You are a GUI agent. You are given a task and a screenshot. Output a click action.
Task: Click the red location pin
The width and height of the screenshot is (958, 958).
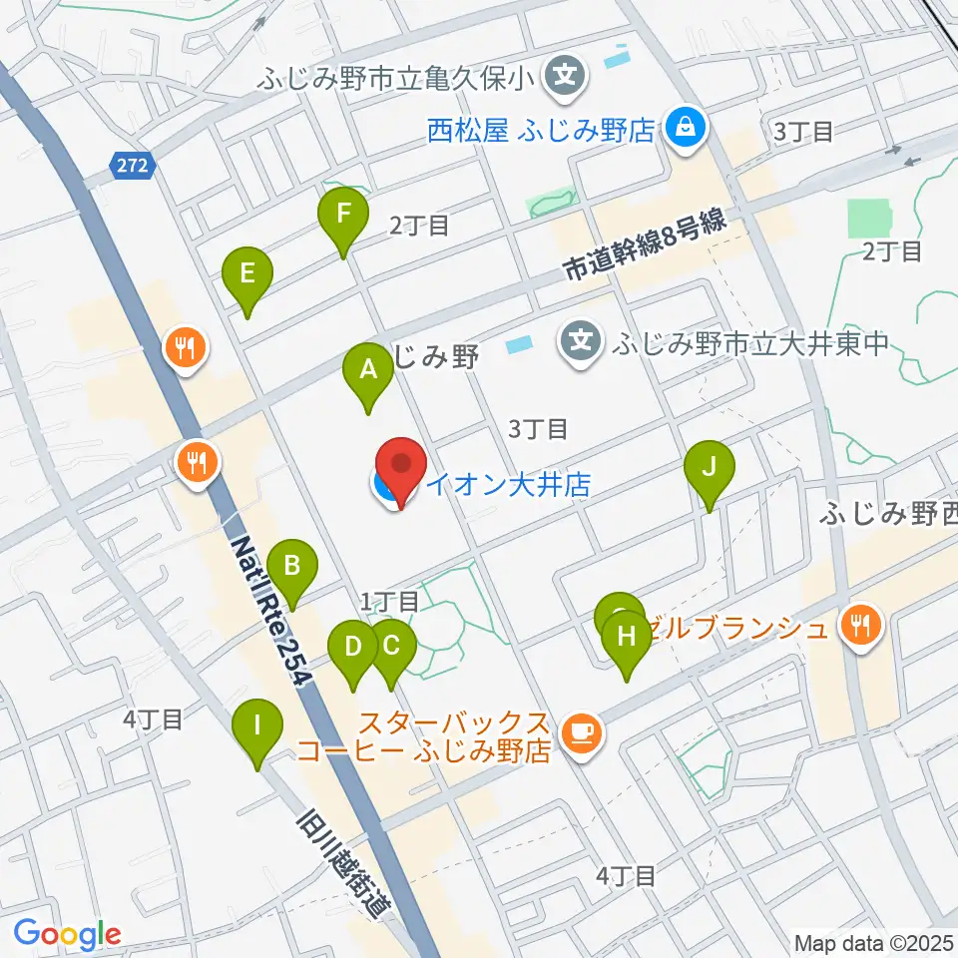(x=399, y=469)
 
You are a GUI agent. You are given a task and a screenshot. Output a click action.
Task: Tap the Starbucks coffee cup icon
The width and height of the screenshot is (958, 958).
(x=581, y=734)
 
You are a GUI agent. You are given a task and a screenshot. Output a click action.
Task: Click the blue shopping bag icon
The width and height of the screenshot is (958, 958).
(x=687, y=128)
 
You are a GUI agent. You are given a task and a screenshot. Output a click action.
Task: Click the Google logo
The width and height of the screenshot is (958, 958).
(x=67, y=934)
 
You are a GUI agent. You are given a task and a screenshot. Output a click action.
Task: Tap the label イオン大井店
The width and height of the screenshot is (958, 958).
(x=509, y=485)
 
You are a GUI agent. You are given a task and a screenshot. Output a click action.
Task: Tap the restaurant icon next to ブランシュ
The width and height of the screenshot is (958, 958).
(x=858, y=627)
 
